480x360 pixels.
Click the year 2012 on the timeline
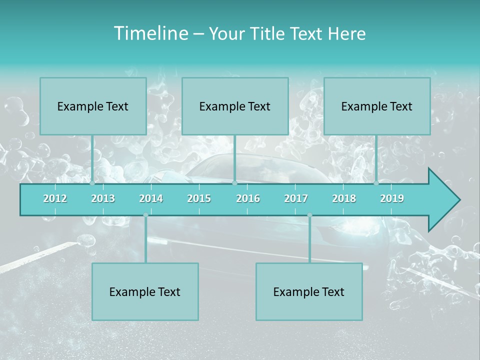coord(55,198)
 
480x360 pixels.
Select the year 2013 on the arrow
coord(103,198)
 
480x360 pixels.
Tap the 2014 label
coord(151,198)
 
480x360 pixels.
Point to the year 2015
coord(199,198)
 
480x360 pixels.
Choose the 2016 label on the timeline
coord(248,198)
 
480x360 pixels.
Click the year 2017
coord(296,198)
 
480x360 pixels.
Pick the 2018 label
coord(344,198)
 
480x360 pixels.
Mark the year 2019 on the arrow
coord(392,198)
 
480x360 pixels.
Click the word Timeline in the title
coord(150,33)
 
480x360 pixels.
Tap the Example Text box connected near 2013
coord(93,106)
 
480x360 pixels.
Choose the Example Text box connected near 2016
coord(235,106)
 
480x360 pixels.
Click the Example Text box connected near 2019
coord(377,106)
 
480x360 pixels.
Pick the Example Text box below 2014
coord(145,291)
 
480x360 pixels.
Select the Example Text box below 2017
coord(309,291)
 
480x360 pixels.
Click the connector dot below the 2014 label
coord(145,215)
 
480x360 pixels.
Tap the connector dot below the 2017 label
coord(309,215)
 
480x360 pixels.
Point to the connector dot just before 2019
coord(376,183)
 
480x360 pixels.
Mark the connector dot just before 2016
coord(234,183)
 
